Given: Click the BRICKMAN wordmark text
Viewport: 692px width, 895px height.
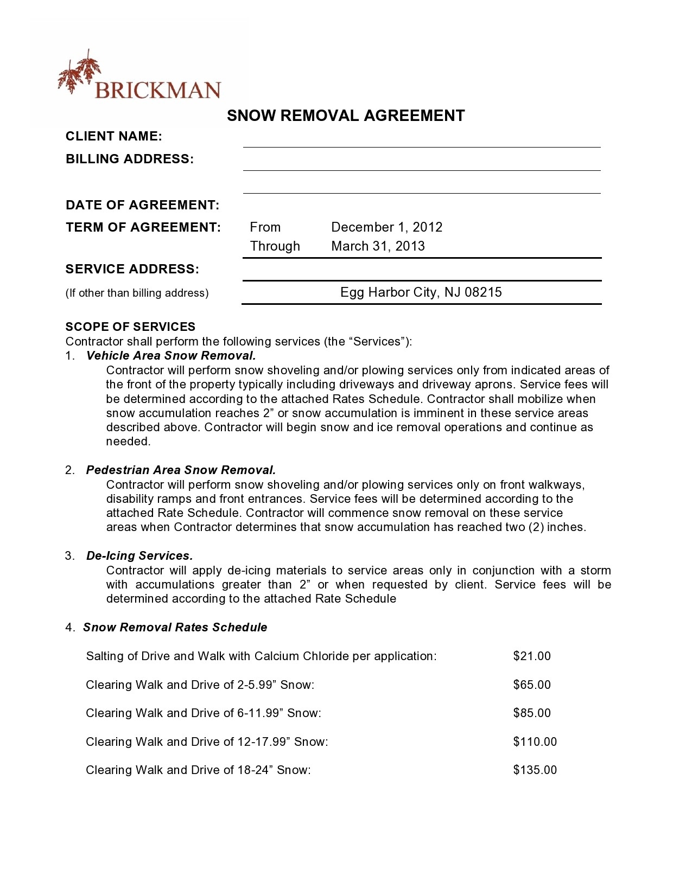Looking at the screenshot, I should [x=157, y=90].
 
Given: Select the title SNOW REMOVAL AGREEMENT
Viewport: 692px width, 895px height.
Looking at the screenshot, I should [x=346, y=116].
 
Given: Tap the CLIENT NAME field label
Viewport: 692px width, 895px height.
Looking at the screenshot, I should [x=114, y=136].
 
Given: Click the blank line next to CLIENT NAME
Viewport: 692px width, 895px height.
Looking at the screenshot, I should [x=421, y=142].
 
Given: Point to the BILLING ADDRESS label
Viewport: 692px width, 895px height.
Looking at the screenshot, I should [x=130, y=159].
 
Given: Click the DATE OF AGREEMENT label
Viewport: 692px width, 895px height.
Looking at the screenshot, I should [x=142, y=205].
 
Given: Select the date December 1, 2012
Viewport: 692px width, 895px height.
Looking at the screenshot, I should [x=386, y=227].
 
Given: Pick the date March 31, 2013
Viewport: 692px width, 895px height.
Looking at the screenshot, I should [x=378, y=246].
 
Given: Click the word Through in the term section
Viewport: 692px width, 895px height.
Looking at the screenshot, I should [x=275, y=246].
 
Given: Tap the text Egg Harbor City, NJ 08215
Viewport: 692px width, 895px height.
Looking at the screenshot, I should [x=421, y=292].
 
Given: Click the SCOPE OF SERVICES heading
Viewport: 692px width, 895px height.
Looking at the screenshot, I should [x=130, y=327].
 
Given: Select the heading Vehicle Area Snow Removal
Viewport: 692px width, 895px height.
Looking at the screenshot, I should [x=170, y=356].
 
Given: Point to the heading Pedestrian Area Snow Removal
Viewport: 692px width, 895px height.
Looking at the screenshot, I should [x=181, y=470].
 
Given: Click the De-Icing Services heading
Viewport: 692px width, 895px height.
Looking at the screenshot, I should [x=139, y=556].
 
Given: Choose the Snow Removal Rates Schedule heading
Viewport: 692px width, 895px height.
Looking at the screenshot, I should [x=175, y=628].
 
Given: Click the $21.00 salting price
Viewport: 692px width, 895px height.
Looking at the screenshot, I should [x=531, y=656].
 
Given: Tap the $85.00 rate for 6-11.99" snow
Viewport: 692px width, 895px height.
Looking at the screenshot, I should [x=531, y=713].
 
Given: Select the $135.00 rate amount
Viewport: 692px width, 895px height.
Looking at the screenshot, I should [x=535, y=770].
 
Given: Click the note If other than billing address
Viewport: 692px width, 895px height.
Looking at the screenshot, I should [x=137, y=293].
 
